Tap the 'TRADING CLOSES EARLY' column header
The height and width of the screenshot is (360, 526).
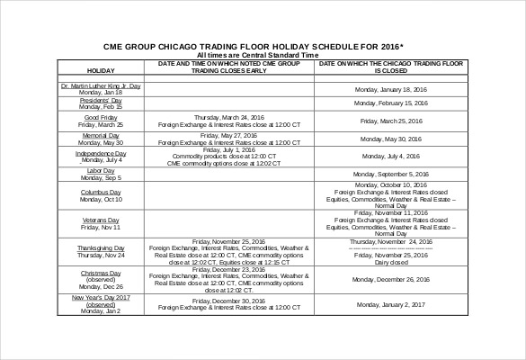pos(228,67)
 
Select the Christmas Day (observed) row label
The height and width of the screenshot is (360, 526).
pos(100,279)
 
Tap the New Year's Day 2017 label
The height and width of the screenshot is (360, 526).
pos(100,304)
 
